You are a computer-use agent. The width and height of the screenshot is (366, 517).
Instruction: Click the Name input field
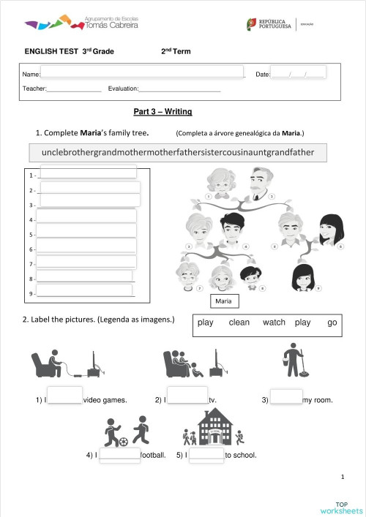[x=142, y=75]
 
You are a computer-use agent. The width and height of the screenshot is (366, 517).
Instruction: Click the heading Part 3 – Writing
[x=163, y=112]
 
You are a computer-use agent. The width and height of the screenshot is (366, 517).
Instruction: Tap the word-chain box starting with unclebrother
[x=178, y=153]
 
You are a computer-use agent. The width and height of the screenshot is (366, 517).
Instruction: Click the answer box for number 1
[x=88, y=173]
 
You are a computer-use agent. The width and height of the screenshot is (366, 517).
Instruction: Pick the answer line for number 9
[x=85, y=293]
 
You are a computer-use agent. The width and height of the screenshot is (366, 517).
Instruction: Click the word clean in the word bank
[x=239, y=322]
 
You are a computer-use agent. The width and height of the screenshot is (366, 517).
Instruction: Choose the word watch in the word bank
[x=274, y=322]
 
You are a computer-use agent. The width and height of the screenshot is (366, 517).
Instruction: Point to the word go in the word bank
[x=332, y=322]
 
